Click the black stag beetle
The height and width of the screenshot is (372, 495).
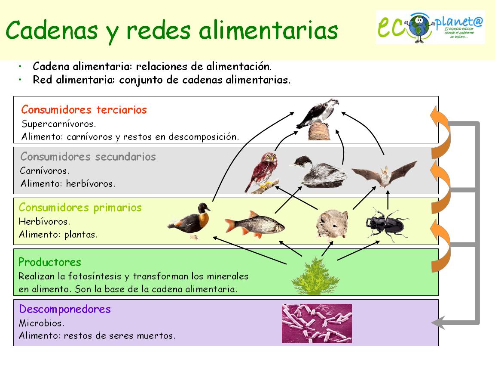point(386,223)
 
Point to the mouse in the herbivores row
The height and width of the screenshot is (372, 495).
point(331,223)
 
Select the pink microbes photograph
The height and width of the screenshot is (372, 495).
point(317,323)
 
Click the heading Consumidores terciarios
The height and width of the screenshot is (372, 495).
point(84,110)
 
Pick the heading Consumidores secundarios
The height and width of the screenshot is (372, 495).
point(88,156)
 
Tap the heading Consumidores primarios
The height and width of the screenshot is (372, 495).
point(80,208)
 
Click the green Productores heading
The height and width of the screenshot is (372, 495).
point(50,262)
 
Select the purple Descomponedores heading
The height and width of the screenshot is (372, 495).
point(65,309)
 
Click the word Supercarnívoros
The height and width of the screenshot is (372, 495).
point(59,124)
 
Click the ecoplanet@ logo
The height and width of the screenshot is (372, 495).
point(430,28)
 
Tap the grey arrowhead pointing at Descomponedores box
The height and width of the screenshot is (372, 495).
point(438,322)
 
